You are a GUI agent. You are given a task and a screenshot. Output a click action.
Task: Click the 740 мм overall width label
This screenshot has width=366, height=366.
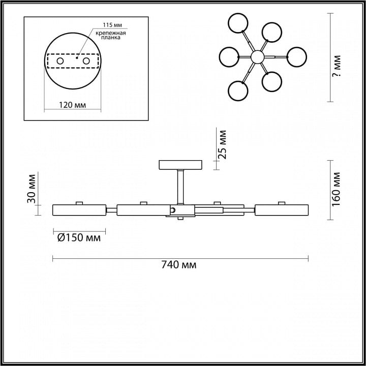179,265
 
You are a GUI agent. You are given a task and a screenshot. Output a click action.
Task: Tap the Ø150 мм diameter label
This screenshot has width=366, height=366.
79,238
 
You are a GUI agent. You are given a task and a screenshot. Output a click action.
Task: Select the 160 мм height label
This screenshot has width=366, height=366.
337,189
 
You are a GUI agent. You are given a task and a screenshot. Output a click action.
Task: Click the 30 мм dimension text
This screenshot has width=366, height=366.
32,189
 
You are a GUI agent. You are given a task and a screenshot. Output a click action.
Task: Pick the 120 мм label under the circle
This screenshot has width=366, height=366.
72,105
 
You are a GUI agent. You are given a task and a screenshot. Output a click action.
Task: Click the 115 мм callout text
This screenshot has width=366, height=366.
112,25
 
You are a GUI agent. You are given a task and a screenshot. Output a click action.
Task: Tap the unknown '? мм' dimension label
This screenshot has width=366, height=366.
337,66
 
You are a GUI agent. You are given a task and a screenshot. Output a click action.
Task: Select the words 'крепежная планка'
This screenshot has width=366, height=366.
111,35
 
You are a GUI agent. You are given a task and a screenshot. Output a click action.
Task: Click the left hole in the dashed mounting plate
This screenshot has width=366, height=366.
60,61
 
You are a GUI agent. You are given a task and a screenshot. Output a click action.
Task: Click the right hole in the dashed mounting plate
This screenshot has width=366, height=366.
86,61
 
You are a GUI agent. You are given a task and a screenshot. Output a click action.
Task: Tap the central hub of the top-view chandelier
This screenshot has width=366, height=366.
257,57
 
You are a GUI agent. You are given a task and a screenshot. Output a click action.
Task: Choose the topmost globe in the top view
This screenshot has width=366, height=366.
238,23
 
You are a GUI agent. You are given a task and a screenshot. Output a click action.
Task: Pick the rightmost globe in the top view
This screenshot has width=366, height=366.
296,57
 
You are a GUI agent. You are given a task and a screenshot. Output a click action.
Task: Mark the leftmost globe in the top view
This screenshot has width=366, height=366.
229,57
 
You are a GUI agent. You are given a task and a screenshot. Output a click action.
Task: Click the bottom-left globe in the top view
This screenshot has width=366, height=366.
238,91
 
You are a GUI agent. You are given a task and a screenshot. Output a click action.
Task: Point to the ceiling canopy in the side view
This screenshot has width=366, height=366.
180,165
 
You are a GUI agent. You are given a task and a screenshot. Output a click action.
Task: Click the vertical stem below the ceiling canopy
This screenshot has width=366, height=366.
180,187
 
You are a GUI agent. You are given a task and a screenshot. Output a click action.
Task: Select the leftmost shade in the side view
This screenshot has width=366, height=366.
79,210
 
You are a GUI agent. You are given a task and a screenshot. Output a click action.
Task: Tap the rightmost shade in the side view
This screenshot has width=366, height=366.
282,210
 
